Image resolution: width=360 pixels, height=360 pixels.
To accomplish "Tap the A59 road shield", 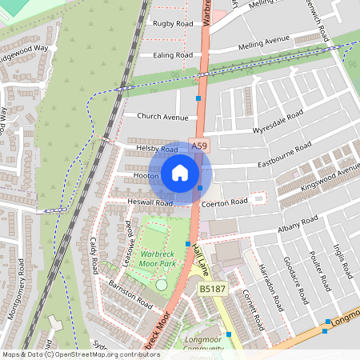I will coord(198,146).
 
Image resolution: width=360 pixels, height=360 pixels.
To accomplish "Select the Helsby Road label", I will coord(157,150).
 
